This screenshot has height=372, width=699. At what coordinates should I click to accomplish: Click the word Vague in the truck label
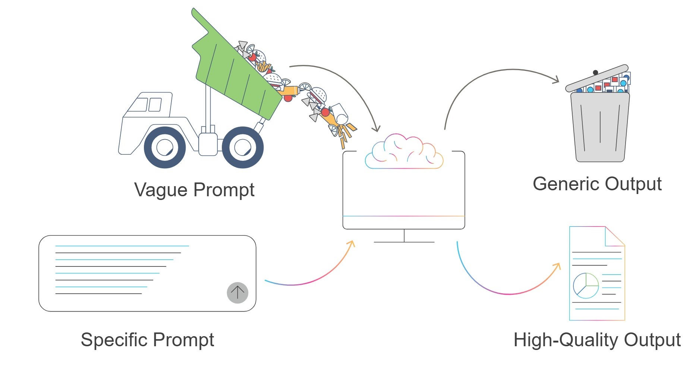(x=161, y=190)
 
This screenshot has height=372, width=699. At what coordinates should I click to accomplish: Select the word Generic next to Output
(x=566, y=184)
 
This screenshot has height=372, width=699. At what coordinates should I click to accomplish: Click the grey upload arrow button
(x=237, y=293)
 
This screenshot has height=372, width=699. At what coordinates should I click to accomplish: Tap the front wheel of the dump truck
(x=164, y=147)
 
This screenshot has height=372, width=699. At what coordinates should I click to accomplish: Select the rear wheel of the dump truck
(x=243, y=147)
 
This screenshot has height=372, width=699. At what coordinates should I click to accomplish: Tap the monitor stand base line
(x=404, y=242)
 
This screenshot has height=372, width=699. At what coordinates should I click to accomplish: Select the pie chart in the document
(x=586, y=285)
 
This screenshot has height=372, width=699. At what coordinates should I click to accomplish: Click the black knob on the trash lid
(x=595, y=72)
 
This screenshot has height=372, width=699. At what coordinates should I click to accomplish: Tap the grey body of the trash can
(x=600, y=127)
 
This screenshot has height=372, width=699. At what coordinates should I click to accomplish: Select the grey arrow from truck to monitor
(x=347, y=82)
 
